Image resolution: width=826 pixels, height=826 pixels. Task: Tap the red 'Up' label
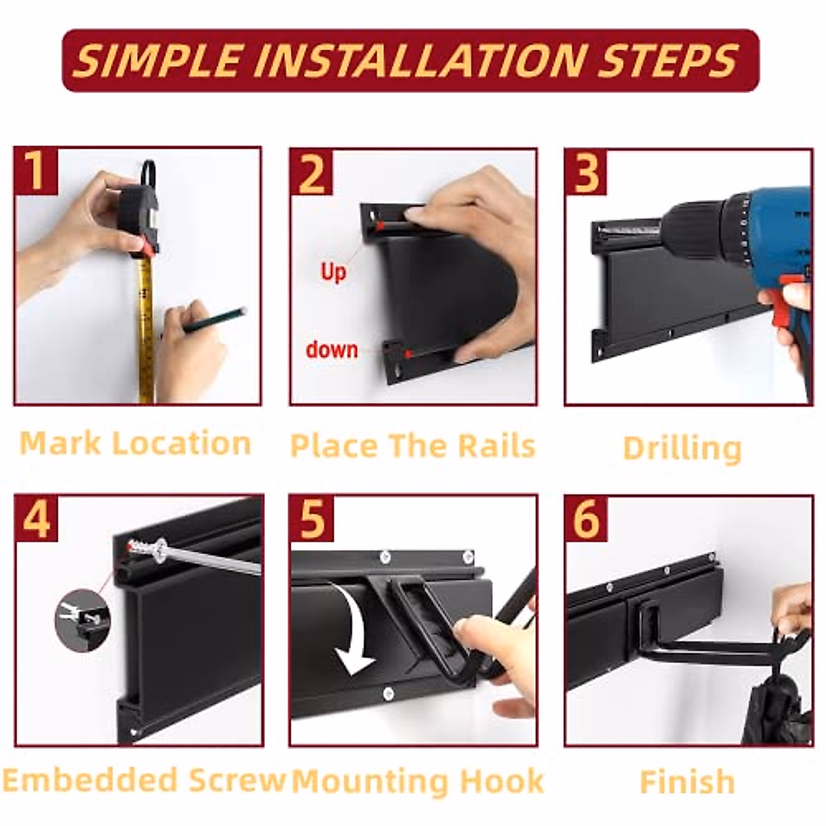point(333,273)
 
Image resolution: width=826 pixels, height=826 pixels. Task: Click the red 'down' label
point(331,350)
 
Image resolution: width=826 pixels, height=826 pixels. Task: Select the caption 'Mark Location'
point(135,443)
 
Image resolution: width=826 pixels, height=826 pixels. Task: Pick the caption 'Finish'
point(687,781)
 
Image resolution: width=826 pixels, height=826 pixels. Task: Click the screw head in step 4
point(162,550)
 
